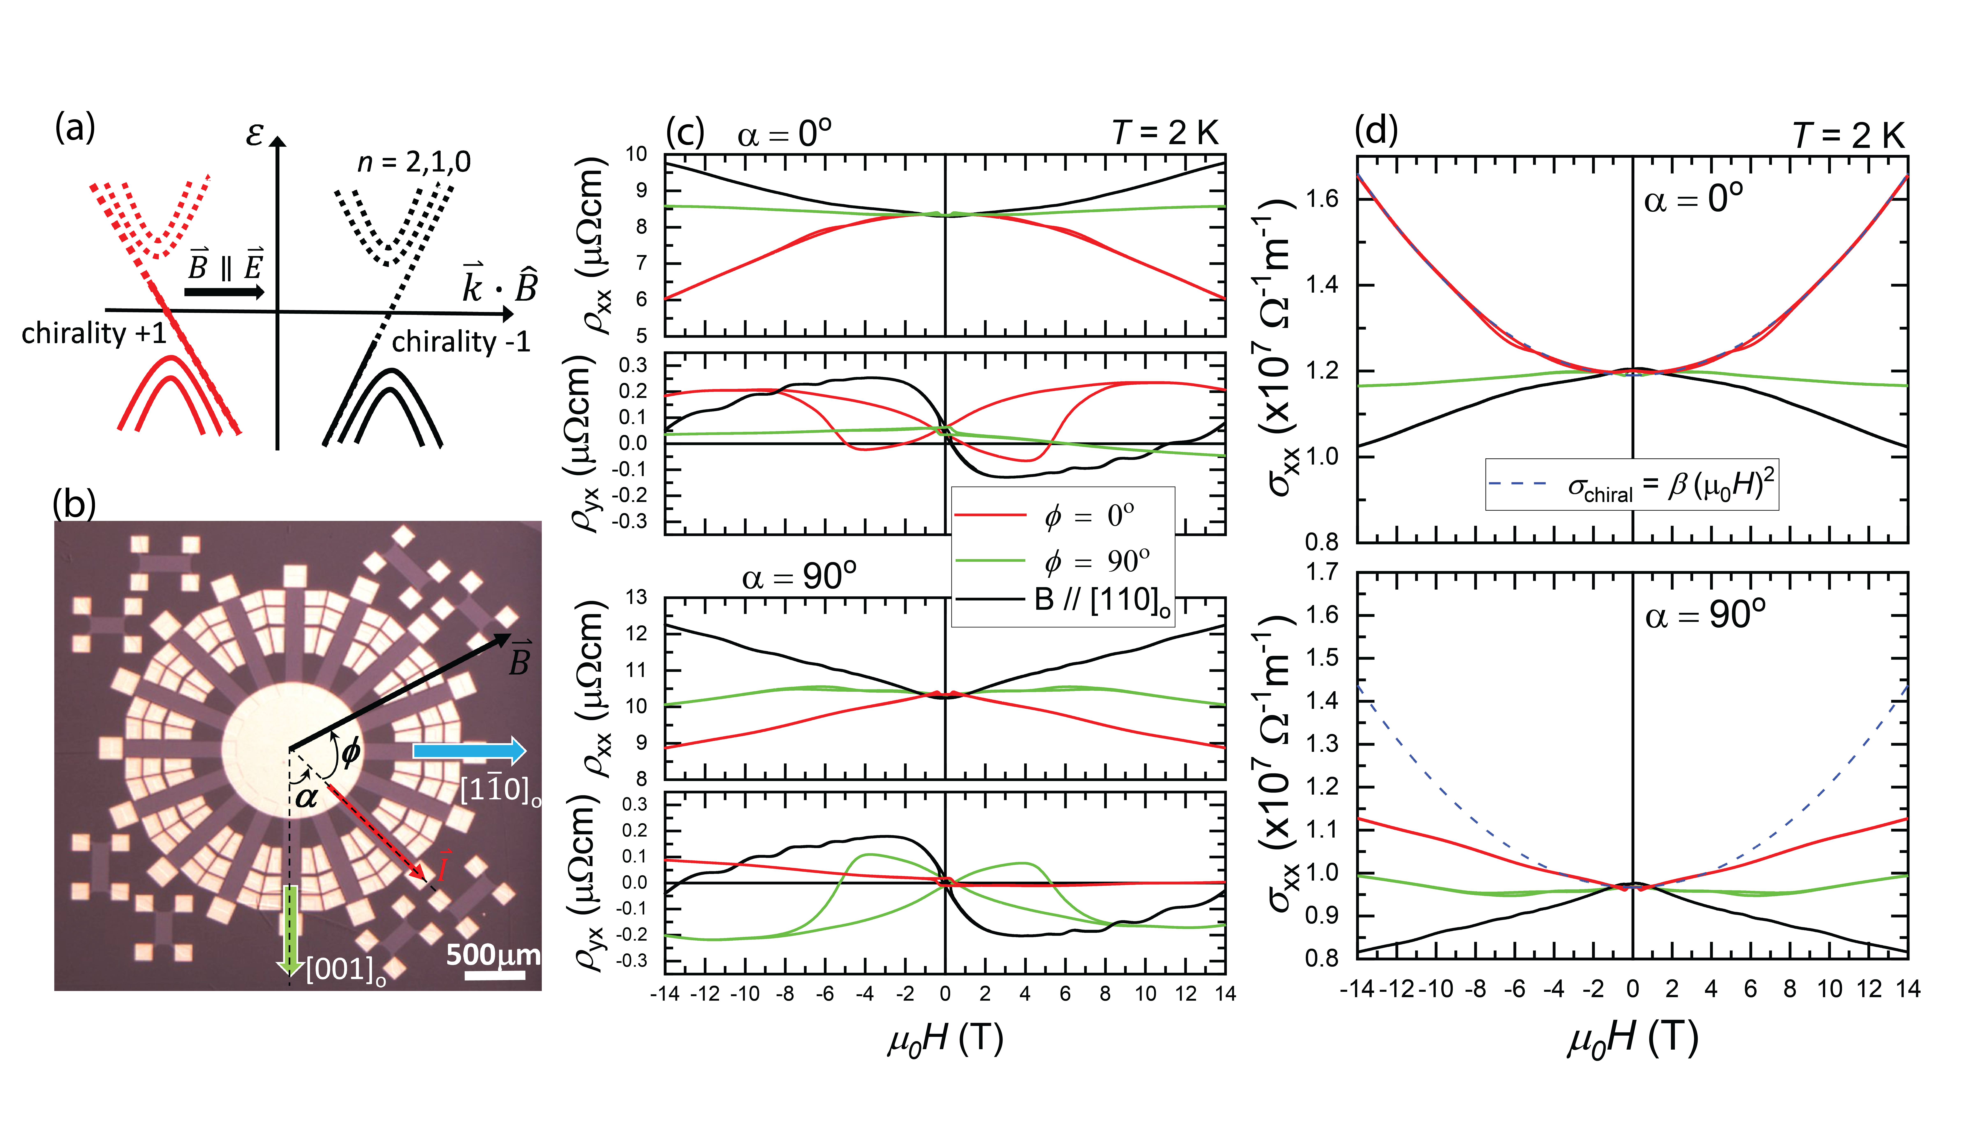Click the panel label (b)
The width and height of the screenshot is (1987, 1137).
[74, 504]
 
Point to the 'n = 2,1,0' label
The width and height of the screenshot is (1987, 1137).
[414, 162]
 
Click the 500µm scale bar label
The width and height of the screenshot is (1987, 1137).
[493, 954]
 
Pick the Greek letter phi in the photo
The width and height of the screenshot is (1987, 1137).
[351, 751]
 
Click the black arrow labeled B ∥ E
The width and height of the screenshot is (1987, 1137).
[225, 292]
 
